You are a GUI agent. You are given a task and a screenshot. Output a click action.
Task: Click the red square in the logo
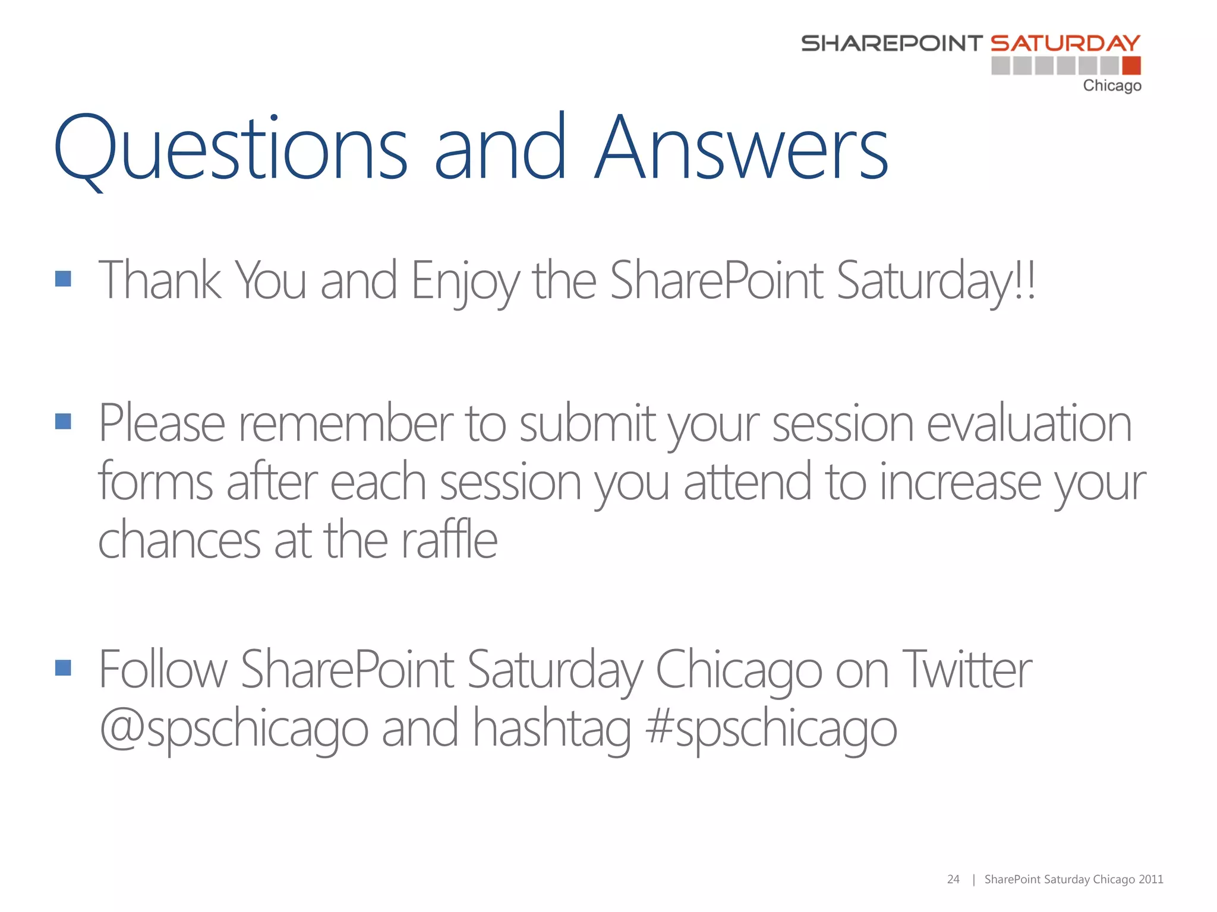1131,65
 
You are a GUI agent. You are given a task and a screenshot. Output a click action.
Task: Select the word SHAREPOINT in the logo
891,43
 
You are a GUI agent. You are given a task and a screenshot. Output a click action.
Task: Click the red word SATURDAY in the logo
1065,43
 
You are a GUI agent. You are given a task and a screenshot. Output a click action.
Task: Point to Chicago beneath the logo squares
1112,85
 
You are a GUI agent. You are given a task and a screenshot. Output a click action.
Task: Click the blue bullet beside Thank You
63,278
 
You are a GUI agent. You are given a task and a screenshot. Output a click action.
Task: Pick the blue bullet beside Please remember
63,422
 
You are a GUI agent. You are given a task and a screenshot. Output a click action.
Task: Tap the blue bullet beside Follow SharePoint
63,668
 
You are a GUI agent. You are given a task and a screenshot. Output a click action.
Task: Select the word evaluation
1029,424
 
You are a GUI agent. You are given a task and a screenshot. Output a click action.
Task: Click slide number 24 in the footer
953,879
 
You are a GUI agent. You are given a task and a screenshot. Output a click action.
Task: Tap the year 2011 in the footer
1151,879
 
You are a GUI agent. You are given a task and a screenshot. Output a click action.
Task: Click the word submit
587,424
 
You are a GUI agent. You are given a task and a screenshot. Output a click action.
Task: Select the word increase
960,482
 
